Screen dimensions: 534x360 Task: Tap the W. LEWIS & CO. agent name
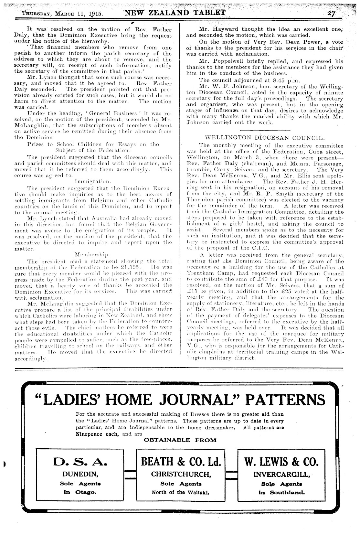[282, 461]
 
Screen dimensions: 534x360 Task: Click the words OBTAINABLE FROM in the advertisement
[180, 440]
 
